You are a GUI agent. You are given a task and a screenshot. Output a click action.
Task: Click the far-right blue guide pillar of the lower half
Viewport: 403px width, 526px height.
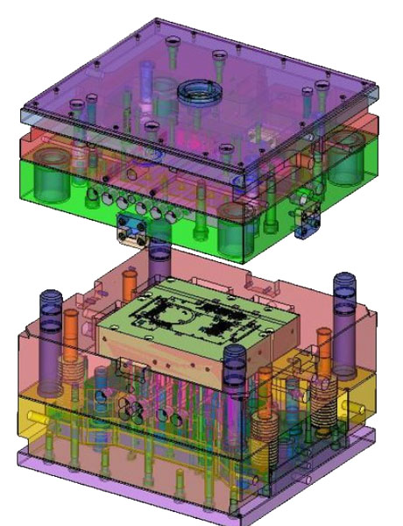point(343,298)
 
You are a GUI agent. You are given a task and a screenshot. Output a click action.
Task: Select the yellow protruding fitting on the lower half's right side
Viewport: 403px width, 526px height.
point(360,410)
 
